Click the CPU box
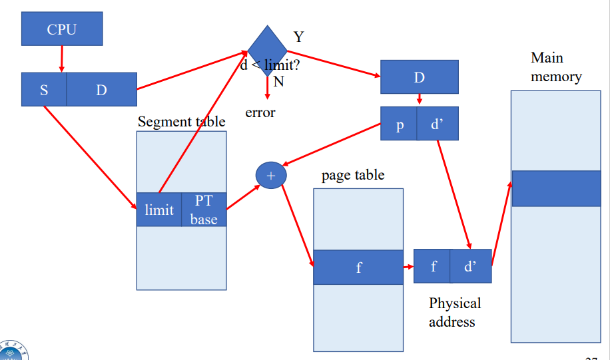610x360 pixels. tap(62, 29)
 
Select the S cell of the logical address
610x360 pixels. tap(44, 90)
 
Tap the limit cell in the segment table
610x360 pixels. tap(159, 210)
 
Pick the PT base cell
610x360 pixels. tap(204, 210)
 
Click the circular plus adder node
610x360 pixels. tap(270, 175)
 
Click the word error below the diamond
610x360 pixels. tap(260, 112)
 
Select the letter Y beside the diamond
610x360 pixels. tap(298, 37)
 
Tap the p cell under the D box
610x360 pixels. tap(399, 124)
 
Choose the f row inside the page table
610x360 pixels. tap(358, 268)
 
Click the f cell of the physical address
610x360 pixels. tap(433, 267)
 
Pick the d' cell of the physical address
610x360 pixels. tap(471, 267)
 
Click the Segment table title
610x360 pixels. tap(181, 122)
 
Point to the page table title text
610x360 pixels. tap(353, 176)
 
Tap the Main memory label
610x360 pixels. tap(555, 67)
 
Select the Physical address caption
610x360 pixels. tap(454, 312)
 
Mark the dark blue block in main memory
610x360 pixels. tap(555, 188)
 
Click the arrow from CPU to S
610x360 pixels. tap(61, 59)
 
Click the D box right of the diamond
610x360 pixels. tap(419, 77)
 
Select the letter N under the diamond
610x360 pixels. tap(278, 82)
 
